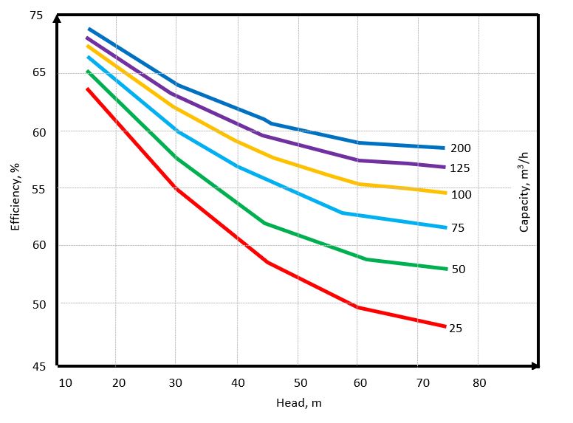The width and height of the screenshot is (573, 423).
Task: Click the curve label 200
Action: [461, 148]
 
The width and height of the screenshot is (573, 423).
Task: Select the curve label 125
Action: [461, 168]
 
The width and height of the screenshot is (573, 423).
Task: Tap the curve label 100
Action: [461, 195]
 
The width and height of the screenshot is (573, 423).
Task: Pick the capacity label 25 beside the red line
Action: [456, 328]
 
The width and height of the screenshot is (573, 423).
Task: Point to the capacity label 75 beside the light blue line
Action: [458, 228]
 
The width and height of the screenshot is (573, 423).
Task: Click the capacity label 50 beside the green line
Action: [459, 269]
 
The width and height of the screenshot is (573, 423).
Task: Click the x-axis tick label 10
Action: [65, 382]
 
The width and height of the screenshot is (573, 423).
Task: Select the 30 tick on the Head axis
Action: [176, 382]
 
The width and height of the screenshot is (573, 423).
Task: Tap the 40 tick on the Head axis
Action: [237, 382]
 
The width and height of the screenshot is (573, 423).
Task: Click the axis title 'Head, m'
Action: [298, 403]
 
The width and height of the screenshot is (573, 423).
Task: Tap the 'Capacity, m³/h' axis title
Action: [524, 192]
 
